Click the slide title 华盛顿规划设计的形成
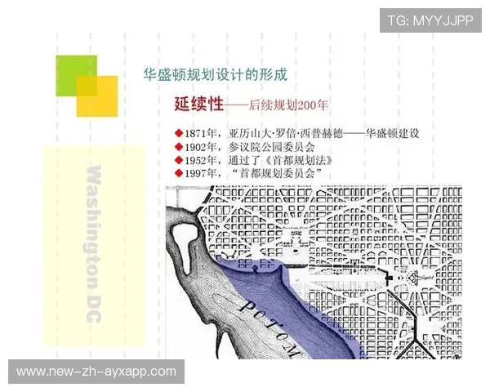(x=215, y=75)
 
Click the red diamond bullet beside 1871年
(x=179, y=133)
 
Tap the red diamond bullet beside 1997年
(x=179, y=174)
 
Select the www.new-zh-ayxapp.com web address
(x=97, y=372)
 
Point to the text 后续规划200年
(x=288, y=105)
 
